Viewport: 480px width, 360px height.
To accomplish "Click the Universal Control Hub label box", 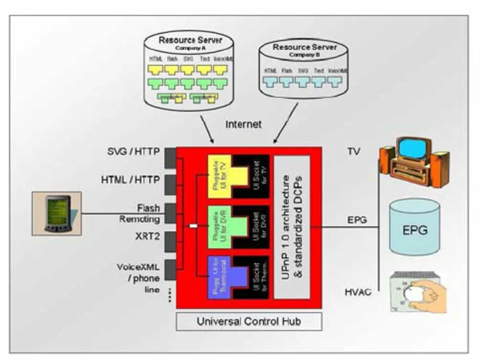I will (x=248, y=323).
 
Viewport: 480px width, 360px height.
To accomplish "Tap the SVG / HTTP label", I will (x=132, y=153).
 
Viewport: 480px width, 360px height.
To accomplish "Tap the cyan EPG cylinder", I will (x=414, y=228).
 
